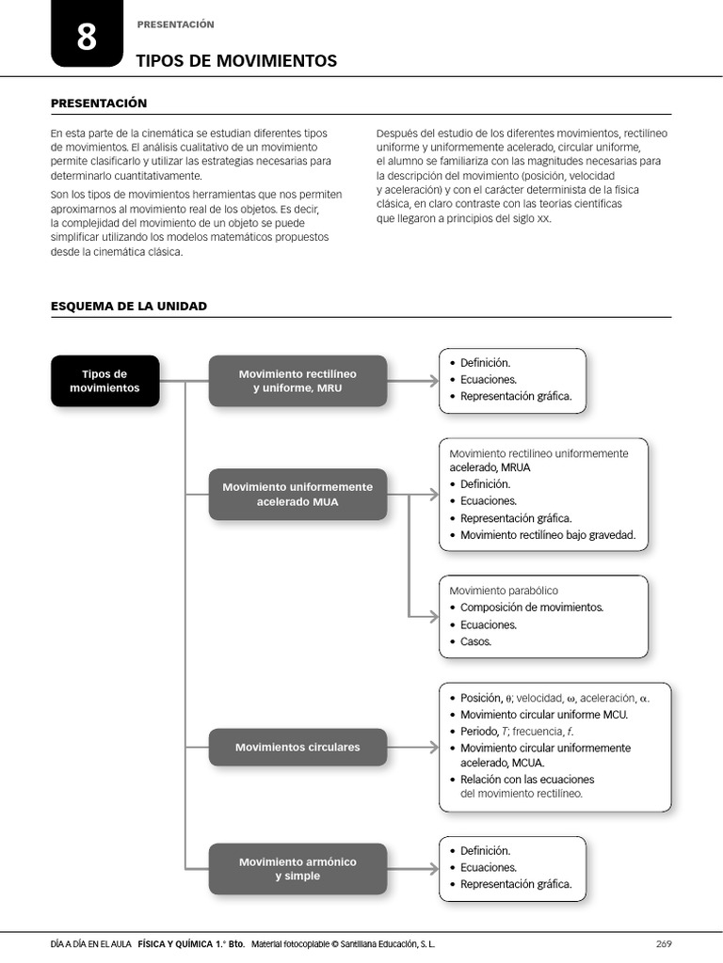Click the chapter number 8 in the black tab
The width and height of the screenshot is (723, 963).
[x=87, y=38]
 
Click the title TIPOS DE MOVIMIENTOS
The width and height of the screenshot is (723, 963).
[x=236, y=61]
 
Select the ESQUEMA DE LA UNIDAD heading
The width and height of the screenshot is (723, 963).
[x=128, y=306]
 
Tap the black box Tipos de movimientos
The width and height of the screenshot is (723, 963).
[x=104, y=381]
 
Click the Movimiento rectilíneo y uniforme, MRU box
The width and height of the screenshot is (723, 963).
[x=297, y=381]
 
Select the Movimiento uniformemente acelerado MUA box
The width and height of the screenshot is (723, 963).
[x=297, y=494]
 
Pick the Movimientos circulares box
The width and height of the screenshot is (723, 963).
[x=297, y=747]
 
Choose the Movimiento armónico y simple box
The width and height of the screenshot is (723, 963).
[x=297, y=869]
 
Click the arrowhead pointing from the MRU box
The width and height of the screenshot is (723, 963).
[x=433, y=381]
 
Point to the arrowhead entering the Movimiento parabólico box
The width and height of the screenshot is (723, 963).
[x=433, y=616]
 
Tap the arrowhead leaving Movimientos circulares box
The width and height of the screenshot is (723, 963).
[x=433, y=747]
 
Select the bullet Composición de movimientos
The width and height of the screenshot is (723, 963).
[x=532, y=608]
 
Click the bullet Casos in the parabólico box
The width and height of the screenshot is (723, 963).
[x=475, y=641]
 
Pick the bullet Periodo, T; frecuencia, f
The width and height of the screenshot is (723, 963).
[x=517, y=731]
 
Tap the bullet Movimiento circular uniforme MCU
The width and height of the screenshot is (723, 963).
[x=544, y=714]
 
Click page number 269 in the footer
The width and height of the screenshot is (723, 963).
[x=663, y=943]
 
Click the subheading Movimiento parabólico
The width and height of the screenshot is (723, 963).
[x=504, y=591]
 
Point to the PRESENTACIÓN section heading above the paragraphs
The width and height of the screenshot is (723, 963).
[x=99, y=103]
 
